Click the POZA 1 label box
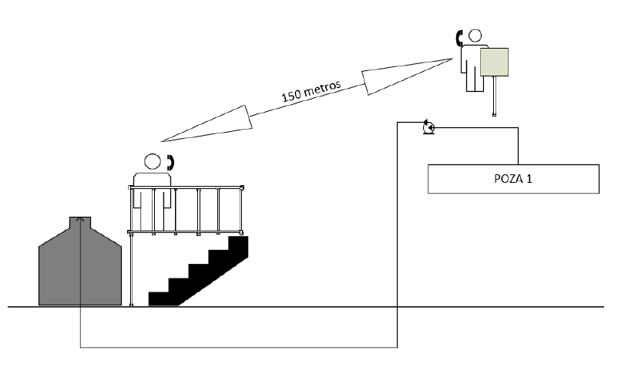tap(513, 178)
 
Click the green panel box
tap(495, 62)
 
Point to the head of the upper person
tap(475, 35)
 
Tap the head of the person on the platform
tap(152, 162)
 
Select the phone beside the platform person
tap(170, 162)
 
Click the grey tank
tap(80, 266)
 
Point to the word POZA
tap(505, 178)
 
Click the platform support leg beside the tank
tap(131, 270)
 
